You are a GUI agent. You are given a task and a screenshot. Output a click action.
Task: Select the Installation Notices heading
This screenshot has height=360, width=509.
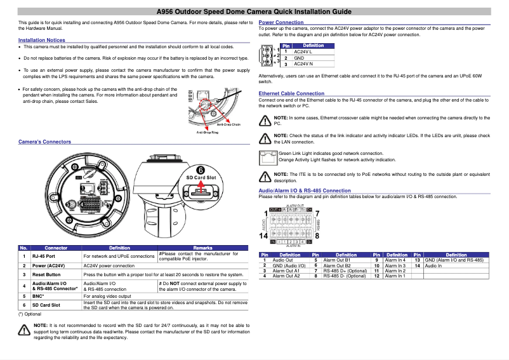[42, 40]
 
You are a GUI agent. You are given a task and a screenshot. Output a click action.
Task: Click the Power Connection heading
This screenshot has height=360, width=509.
[281, 22]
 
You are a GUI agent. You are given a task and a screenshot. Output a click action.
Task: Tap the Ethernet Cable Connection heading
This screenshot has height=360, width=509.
[291, 93]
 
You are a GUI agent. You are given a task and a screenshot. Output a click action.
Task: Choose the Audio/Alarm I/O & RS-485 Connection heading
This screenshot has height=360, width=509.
[305, 190]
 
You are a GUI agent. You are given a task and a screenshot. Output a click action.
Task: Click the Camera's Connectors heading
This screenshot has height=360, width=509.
[44, 142]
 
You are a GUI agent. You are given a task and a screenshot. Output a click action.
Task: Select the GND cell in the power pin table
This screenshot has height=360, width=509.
[299, 58]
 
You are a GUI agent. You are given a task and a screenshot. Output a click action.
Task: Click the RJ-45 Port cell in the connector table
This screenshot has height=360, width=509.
[43, 256]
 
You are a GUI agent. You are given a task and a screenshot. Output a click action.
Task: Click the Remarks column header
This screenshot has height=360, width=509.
[202, 248]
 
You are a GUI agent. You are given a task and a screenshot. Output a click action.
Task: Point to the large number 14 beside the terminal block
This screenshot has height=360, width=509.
[263, 236]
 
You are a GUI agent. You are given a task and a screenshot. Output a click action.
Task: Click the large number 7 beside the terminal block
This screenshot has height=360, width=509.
[317, 213]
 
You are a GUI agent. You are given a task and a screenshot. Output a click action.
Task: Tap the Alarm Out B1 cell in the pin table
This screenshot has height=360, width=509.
[336, 260]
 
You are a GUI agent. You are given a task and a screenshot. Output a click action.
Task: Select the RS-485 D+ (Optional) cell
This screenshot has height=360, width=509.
[345, 270]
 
